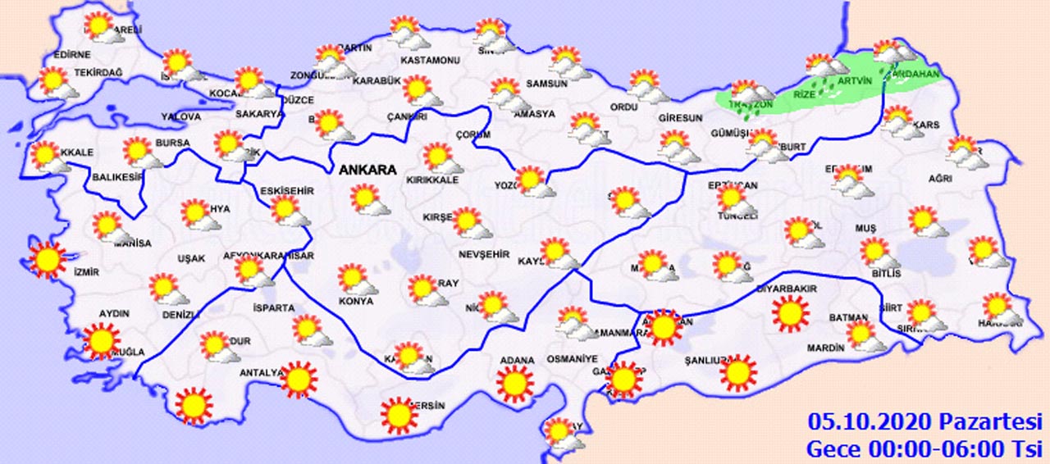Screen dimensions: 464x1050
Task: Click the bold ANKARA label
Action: coord(367,171)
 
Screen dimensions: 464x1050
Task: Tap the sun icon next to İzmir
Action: coord(47,259)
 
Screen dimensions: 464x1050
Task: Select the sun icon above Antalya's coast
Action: coord(298,378)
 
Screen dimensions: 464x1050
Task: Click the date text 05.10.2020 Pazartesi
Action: coord(924,423)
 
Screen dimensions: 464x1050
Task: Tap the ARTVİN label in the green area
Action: coord(856,82)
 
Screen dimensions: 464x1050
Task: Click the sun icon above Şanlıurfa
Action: coord(737,372)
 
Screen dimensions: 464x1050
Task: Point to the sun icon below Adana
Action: coord(514,383)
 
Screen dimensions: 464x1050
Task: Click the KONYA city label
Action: coord(356,301)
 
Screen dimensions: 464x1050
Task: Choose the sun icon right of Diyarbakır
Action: coord(791,313)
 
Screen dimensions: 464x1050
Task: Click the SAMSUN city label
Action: coord(547,84)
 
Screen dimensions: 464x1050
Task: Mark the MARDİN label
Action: coord(825,348)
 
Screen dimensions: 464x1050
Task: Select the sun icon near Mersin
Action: coord(399,415)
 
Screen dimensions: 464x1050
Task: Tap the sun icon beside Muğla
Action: coord(102,340)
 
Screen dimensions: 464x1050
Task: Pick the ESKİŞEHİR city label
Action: coord(287,191)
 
